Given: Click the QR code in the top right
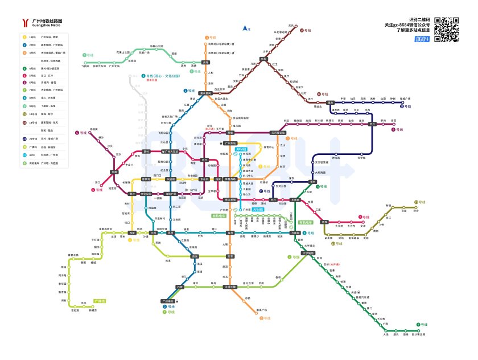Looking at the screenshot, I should [447, 29].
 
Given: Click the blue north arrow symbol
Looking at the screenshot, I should [245, 28].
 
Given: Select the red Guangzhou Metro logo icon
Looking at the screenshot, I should [25, 23].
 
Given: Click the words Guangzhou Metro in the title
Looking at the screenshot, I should [46, 26].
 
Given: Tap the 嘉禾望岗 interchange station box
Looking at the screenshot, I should [205, 93].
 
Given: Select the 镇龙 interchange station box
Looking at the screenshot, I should [330, 103].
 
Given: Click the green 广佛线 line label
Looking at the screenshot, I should [100, 300].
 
